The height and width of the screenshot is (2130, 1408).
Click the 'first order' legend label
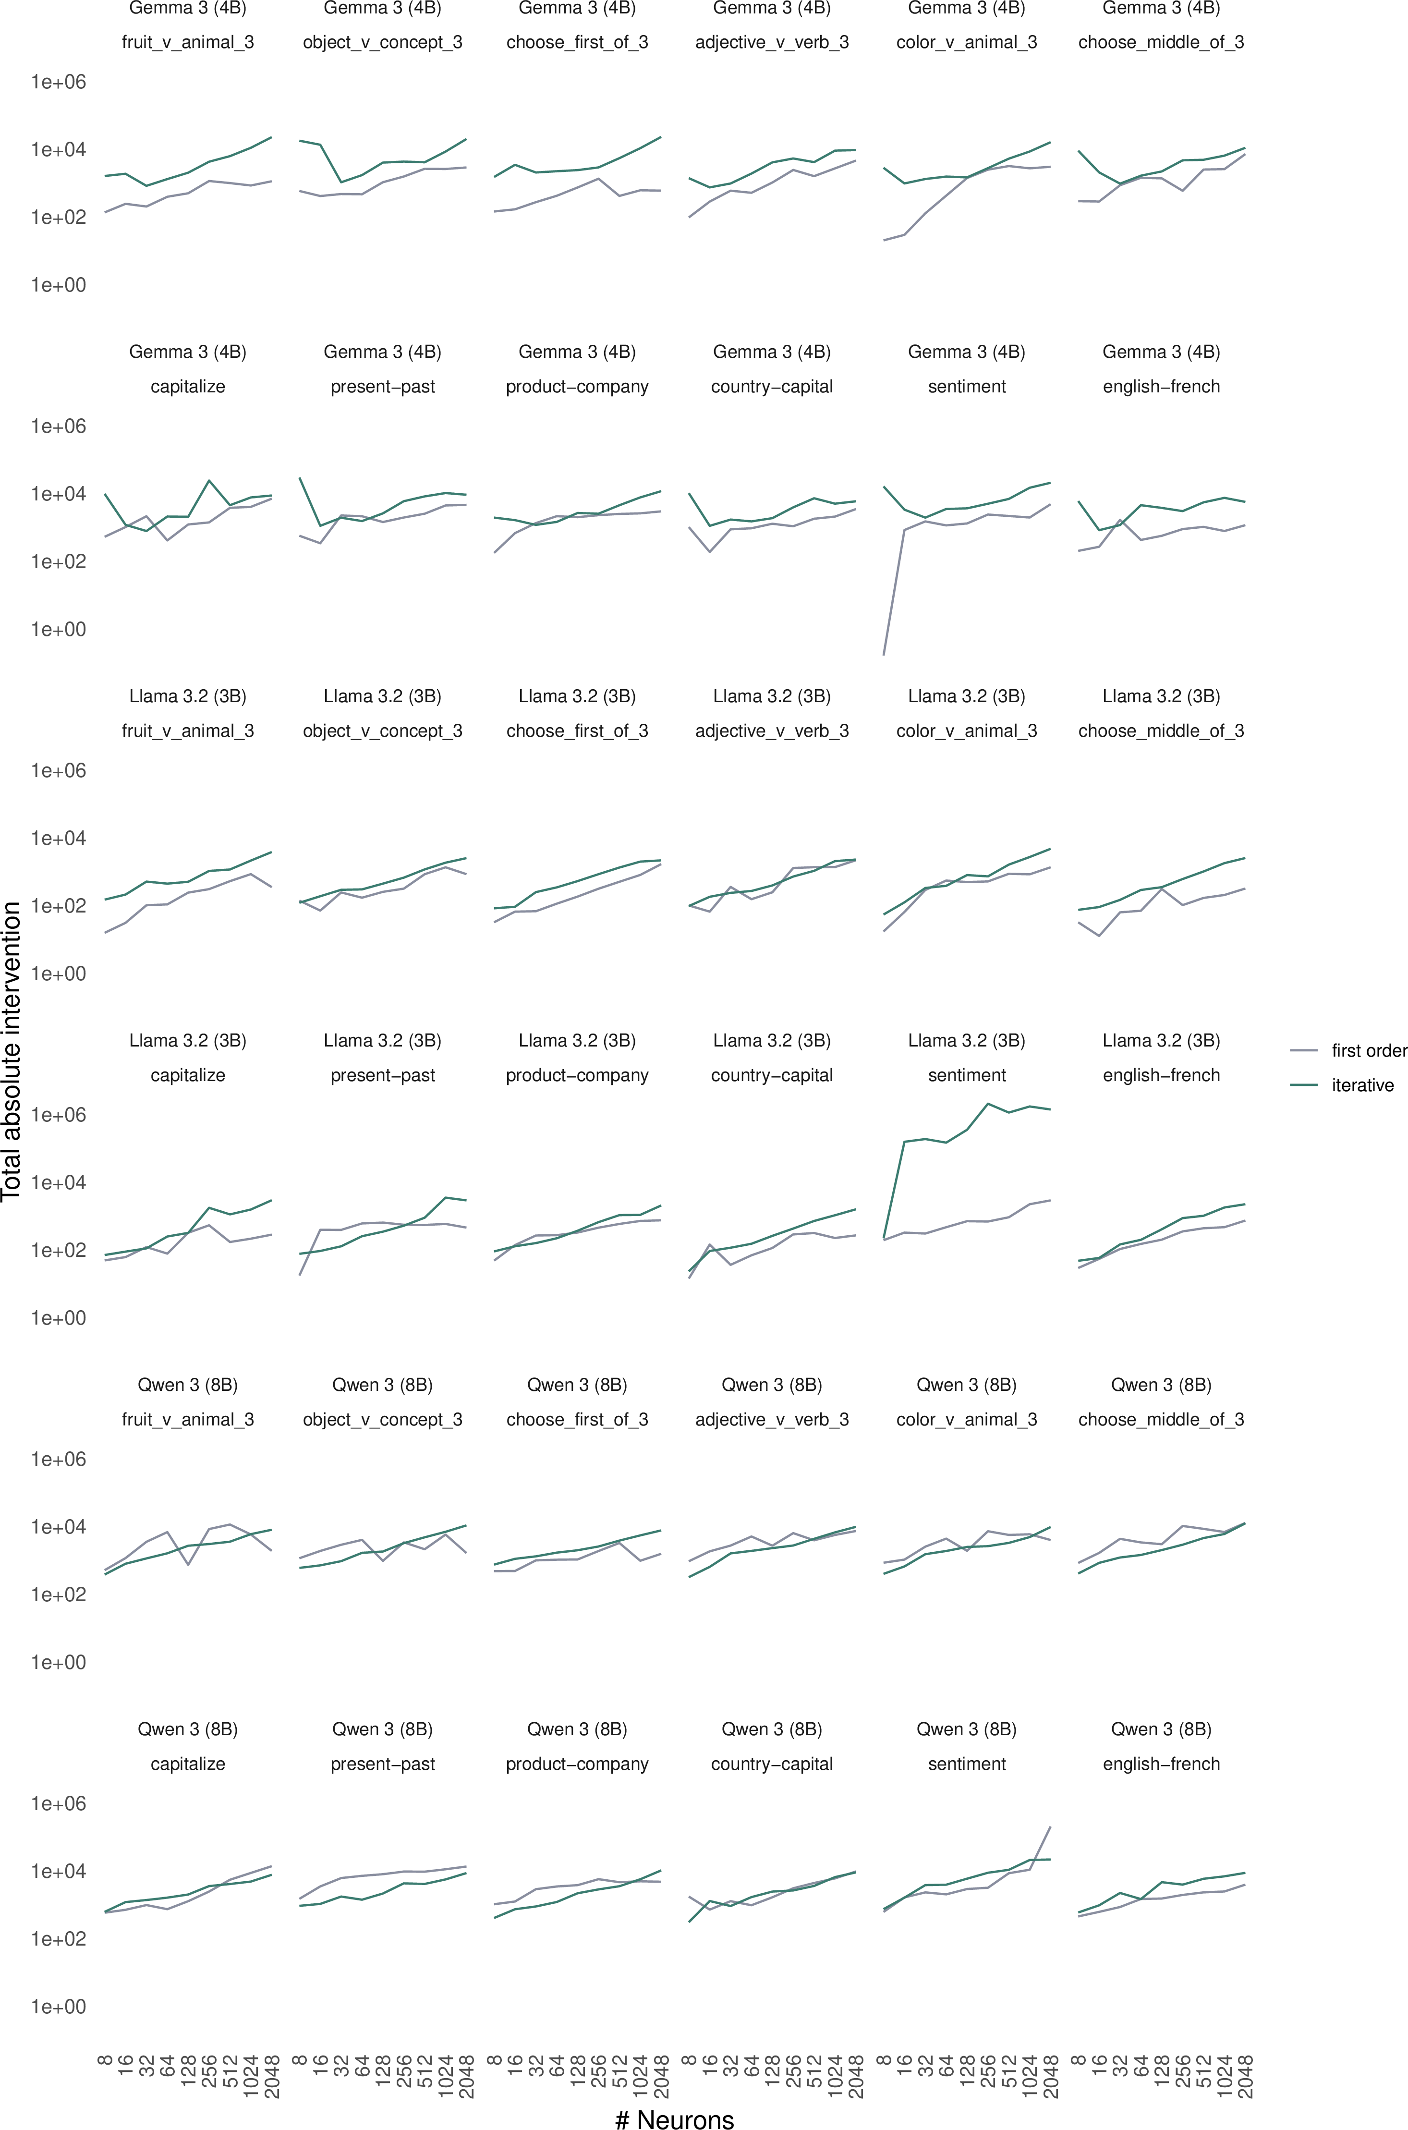pos(1369,1051)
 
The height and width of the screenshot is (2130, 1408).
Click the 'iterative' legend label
pos(1362,1086)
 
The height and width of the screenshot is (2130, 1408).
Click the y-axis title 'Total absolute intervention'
pos(12,1051)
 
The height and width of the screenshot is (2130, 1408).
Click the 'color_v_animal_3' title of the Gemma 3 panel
pos(966,42)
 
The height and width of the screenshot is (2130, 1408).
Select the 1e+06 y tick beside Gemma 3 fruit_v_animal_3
pos(59,82)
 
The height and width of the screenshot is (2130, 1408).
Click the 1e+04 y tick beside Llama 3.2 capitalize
pos(59,1182)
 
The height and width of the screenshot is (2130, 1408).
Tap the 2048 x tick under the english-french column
pos(1246,2075)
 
